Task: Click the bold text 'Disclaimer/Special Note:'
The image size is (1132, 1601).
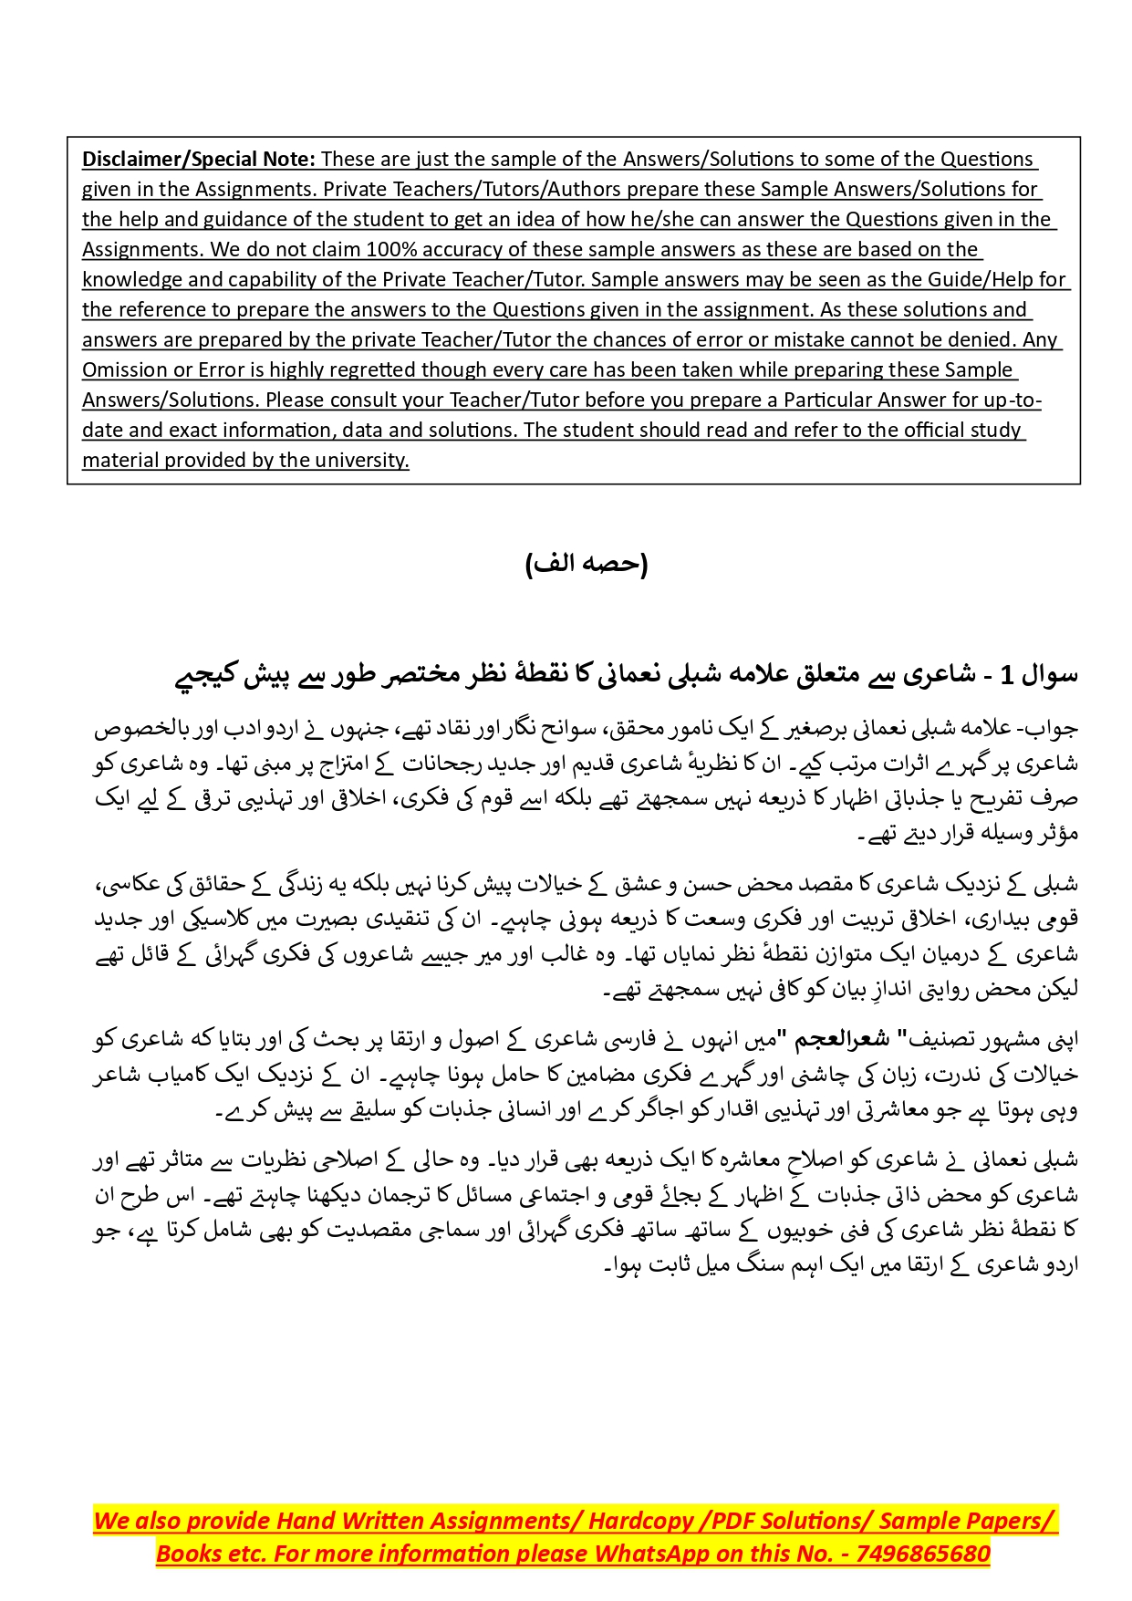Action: click(x=198, y=160)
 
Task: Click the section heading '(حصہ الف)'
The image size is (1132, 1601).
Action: click(x=587, y=564)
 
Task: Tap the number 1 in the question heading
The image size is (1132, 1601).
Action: click(x=1006, y=676)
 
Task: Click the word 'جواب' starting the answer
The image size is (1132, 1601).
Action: click(x=1058, y=729)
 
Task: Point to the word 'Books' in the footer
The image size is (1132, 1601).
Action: click(x=184, y=1554)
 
